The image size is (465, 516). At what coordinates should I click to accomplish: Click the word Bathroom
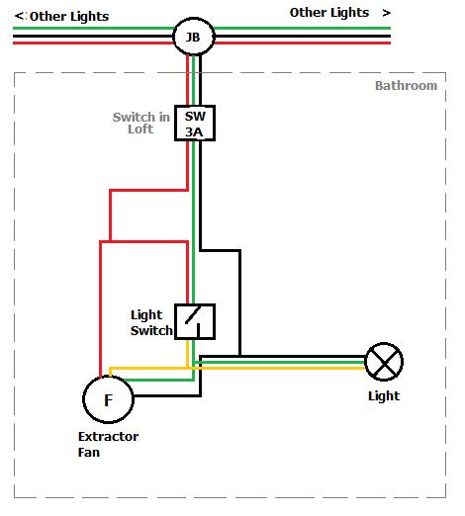(406, 86)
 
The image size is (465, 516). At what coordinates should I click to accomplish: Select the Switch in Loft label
(141, 123)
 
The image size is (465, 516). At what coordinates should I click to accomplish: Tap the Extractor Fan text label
(108, 444)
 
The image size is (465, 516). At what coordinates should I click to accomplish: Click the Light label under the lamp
(384, 395)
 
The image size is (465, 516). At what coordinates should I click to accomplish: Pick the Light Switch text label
(151, 322)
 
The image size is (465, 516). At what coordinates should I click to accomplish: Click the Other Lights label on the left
(69, 16)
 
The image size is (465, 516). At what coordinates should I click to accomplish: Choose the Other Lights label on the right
(329, 13)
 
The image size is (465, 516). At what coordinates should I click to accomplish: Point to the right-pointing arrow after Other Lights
(386, 13)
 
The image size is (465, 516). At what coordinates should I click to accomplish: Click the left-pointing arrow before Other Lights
(19, 16)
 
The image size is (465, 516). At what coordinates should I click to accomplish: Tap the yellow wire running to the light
(279, 368)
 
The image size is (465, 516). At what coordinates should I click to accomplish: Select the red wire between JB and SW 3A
(188, 80)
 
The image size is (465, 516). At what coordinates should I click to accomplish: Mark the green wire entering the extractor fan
(158, 380)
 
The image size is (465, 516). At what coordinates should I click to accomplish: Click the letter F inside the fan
(108, 400)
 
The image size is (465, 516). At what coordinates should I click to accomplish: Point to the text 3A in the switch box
(194, 131)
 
